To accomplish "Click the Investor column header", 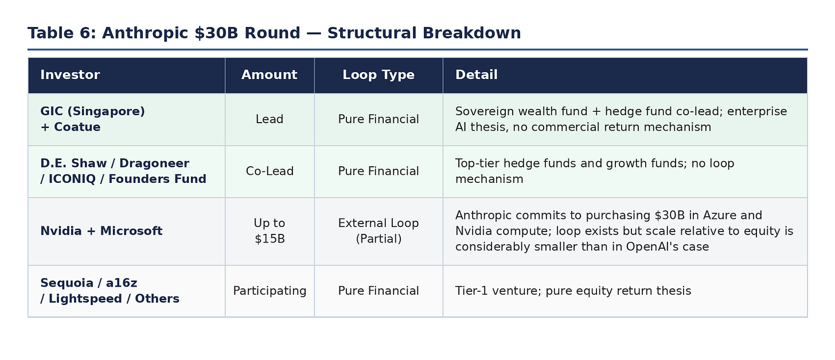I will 70,75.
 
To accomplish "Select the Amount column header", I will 269,75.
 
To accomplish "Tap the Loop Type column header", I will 379,75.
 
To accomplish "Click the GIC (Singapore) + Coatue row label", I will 92,119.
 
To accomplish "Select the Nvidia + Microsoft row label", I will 101,231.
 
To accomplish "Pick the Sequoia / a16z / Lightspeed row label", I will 110,291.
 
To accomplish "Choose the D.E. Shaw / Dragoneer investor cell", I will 123,171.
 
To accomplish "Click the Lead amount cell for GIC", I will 270,119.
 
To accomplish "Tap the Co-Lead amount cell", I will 270,171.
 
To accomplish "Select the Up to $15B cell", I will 270,231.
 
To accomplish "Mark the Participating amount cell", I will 270,291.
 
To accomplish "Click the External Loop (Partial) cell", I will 379,231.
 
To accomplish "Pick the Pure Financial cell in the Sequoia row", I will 379,291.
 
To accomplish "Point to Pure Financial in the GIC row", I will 379,119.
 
